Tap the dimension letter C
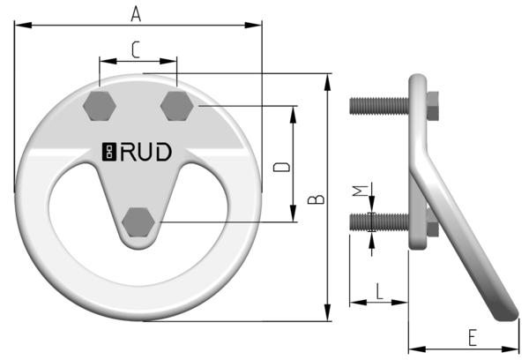[135, 51]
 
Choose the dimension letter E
[473, 336]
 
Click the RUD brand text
[146, 153]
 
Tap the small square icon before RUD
[109, 153]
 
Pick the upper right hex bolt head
[176, 106]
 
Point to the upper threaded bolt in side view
[377, 106]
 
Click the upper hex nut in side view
[432, 103]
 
